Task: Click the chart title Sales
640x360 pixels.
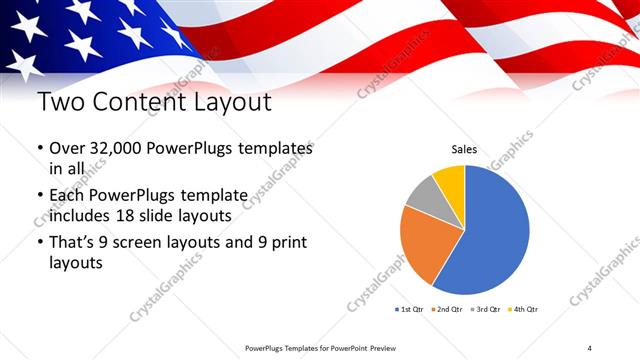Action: [464, 149]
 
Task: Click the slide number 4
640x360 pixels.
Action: [589, 347]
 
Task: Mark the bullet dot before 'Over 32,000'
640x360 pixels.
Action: [39, 148]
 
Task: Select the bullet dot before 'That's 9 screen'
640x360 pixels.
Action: [39, 243]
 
